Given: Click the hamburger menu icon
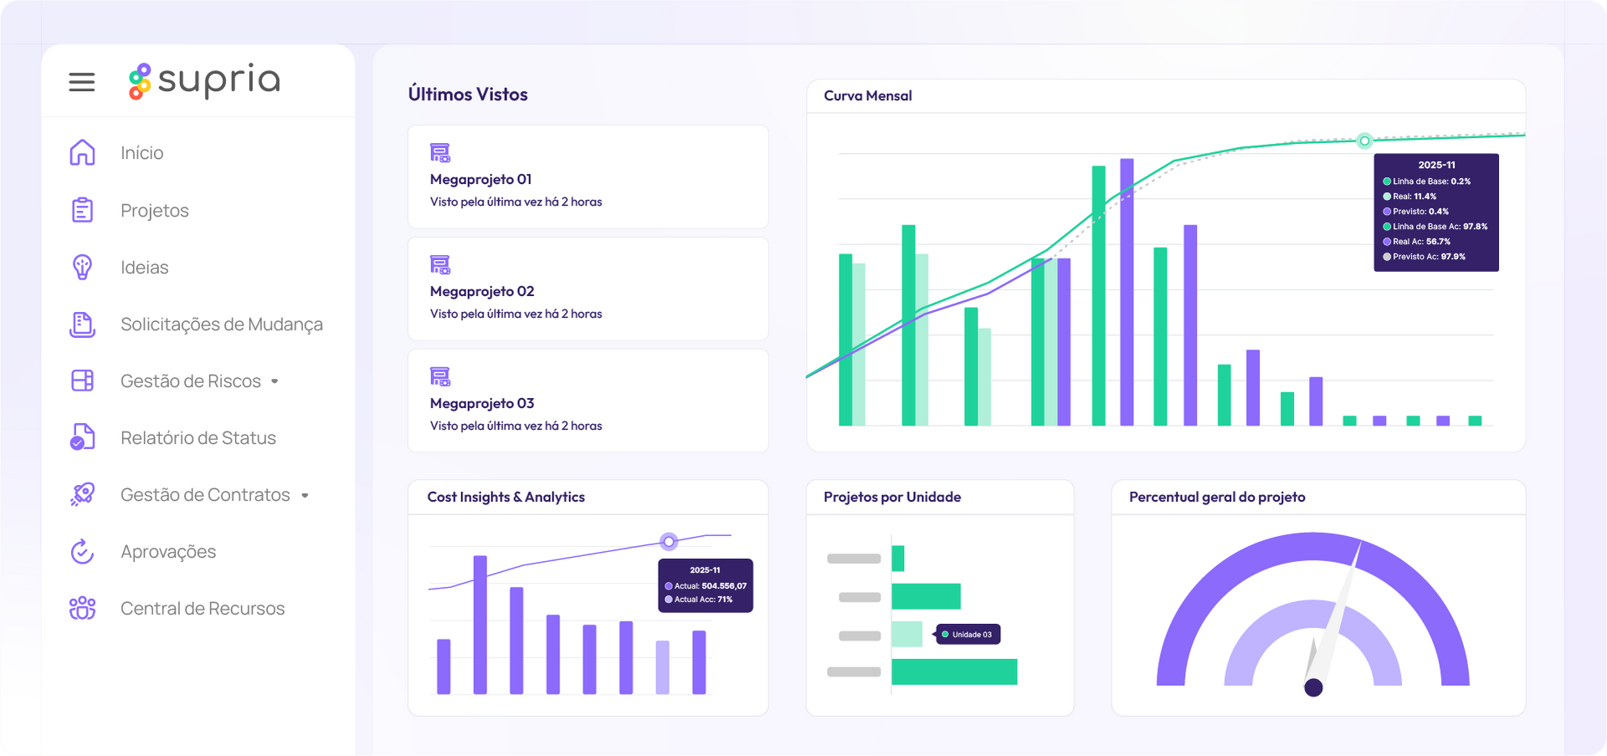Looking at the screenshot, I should click(82, 82).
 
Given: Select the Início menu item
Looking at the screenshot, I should click(141, 153).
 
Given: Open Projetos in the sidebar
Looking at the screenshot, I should click(155, 211).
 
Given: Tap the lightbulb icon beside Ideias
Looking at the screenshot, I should click(82, 267).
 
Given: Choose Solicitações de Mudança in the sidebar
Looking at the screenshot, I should click(221, 324).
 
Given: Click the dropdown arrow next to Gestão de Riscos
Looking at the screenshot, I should click(275, 381).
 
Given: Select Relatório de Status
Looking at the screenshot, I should click(198, 438).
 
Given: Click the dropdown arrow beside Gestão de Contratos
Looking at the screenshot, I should click(305, 495).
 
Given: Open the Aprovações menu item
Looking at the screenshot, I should click(168, 552).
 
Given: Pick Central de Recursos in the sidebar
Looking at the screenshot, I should click(203, 609).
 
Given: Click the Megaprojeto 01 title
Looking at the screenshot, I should click(480, 179).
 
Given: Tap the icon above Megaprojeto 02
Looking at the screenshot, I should click(440, 265).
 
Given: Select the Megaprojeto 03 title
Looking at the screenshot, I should click(482, 403).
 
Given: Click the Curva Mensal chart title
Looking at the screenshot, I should click(868, 96).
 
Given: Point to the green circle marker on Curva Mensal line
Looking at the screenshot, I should click(1364, 140).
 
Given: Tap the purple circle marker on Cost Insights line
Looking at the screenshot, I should click(669, 542).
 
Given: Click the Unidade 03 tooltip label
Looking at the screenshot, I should click(971, 635).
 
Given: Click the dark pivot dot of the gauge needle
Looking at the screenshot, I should click(1313, 687).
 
